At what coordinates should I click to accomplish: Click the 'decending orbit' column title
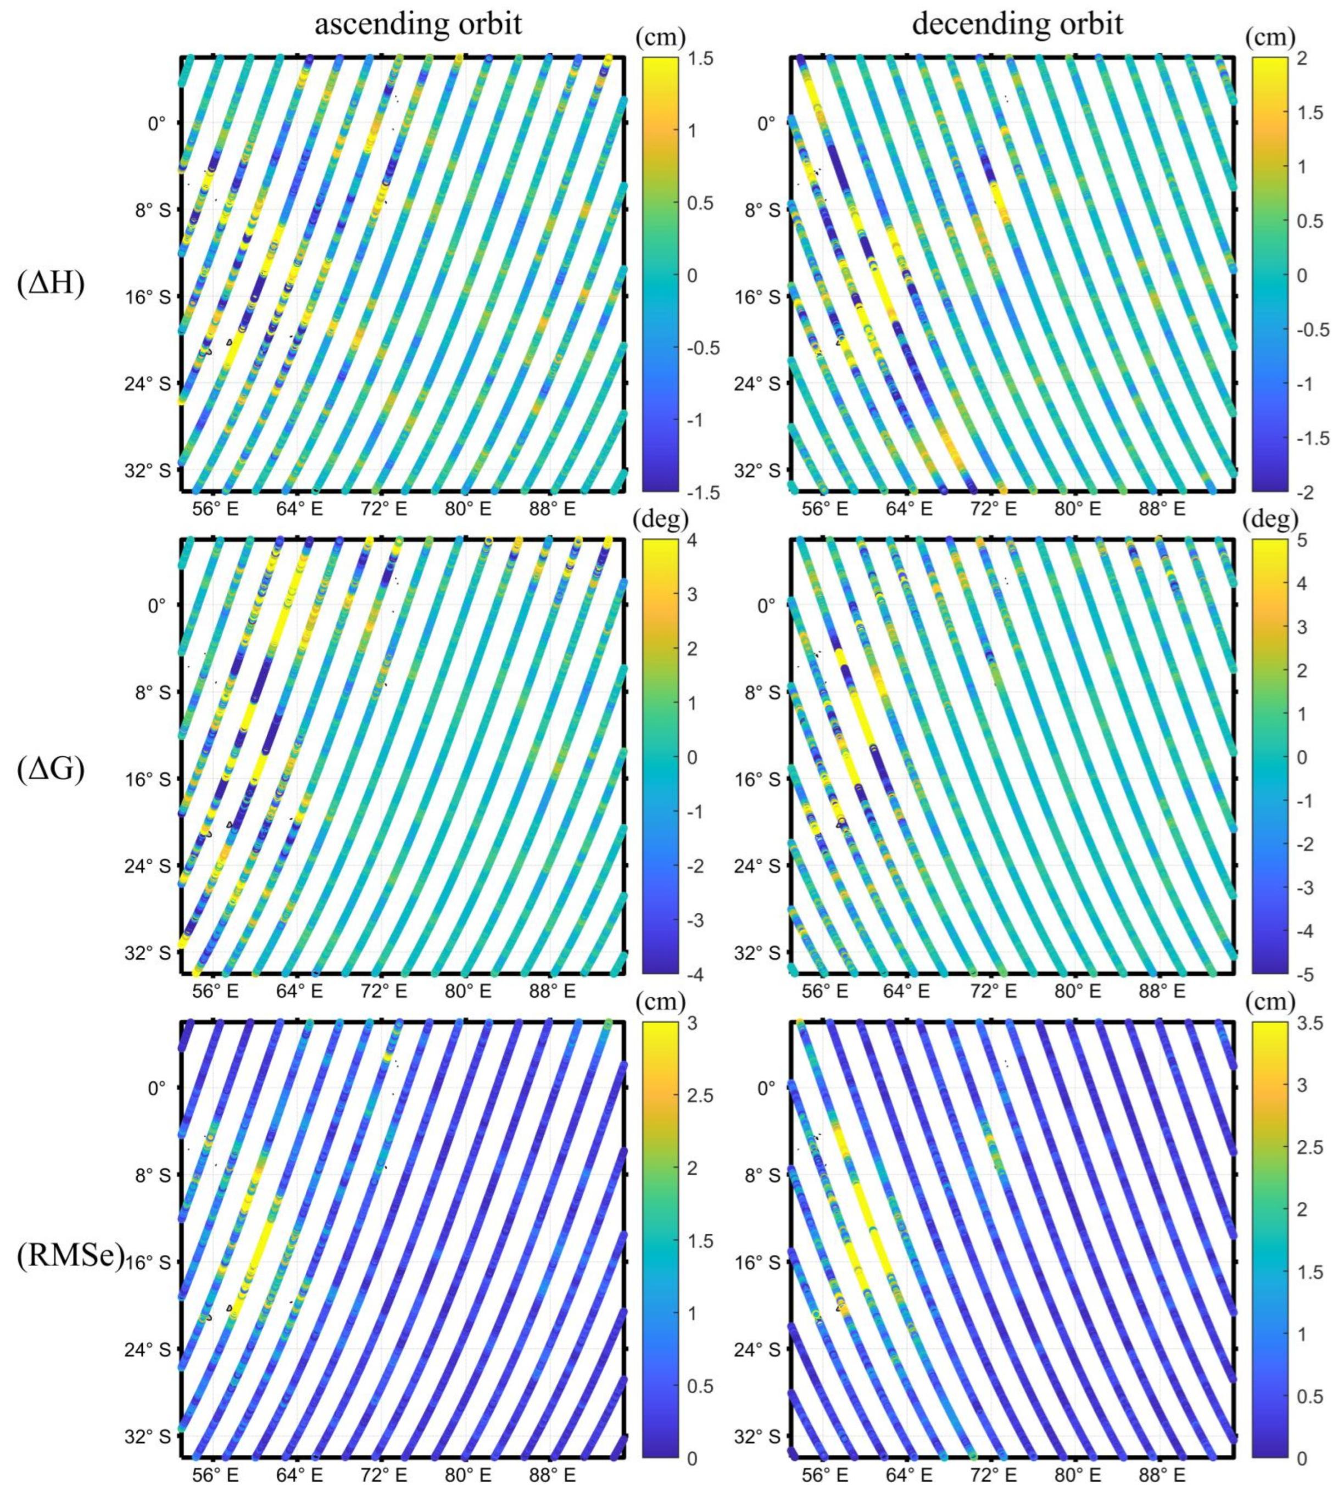pyautogui.click(x=1017, y=24)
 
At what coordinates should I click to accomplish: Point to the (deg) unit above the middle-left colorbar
pyautogui.click(x=660, y=519)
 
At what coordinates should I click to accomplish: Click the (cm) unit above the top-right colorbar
pyautogui.click(x=1270, y=37)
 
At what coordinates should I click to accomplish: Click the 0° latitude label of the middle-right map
pyautogui.click(x=766, y=606)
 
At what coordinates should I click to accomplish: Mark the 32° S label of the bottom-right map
pyautogui.click(x=756, y=1436)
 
